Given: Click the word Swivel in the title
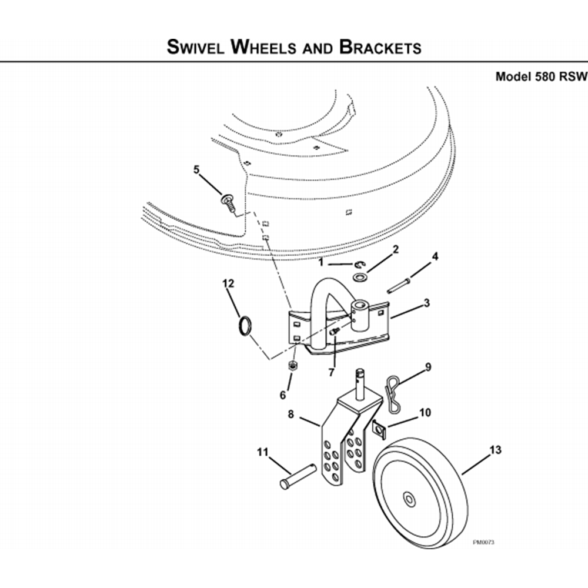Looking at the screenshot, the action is tap(196, 47).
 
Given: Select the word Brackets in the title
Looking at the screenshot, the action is tap(380, 47).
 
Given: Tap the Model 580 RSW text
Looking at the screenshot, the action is tap(541, 76).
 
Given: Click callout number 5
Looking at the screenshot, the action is tap(196, 170).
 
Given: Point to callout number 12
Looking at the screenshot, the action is tap(228, 283).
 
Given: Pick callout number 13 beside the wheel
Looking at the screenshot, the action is tap(495, 450).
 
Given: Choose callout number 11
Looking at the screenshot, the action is tap(262, 452).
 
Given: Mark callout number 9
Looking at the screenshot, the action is tap(428, 367).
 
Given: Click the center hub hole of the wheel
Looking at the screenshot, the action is tap(409, 499).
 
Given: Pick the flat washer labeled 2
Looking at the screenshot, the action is tap(360, 278).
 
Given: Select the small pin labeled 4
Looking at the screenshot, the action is tap(399, 286).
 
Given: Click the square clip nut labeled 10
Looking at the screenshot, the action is tap(379, 429).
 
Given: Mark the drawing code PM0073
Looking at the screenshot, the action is tap(484, 542).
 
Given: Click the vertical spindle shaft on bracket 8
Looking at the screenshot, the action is tap(361, 385).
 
